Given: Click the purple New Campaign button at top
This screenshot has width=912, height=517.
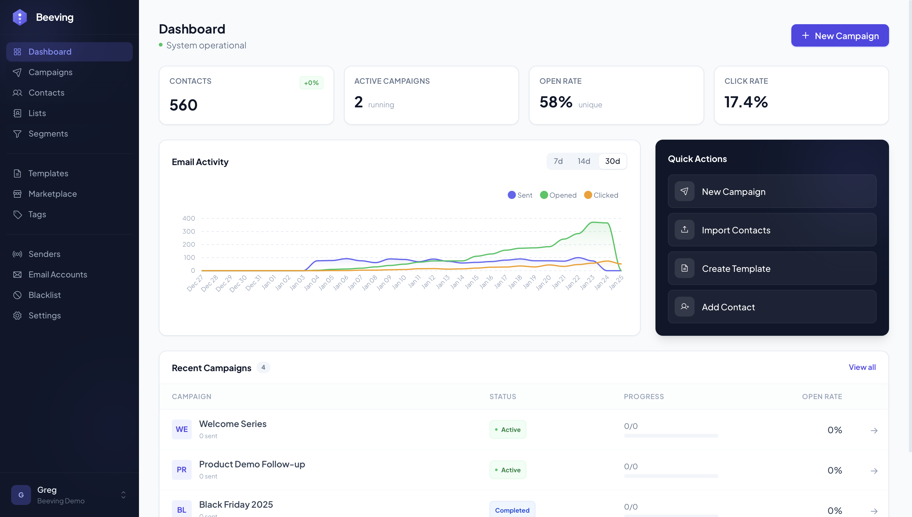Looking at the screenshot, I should (x=840, y=35).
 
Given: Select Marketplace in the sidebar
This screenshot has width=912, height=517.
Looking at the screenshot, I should (x=52, y=194).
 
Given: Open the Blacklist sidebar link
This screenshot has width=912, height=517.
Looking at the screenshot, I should (x=44, y=295).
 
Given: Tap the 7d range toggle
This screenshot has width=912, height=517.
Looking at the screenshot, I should (x=558, y=161).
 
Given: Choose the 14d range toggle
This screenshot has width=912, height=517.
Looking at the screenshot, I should (x=584, y=161).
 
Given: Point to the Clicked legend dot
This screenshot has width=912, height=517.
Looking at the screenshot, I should (x=588, y=195).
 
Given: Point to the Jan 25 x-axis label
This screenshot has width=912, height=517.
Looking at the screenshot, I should (x=616, y=283).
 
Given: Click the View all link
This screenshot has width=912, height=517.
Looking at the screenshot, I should (x=862, y=367).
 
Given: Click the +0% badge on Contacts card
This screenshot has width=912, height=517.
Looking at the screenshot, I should (x=311, y=83).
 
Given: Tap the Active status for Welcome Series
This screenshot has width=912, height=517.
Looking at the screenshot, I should (x=508, y=430).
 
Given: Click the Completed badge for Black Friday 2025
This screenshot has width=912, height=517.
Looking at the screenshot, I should (x=512, y=510).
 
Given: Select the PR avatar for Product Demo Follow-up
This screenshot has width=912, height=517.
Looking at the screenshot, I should (x=181, y=470).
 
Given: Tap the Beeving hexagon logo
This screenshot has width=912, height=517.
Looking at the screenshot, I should (x=20, y=17).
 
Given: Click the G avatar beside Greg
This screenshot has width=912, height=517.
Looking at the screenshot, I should (x=21, y=495).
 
